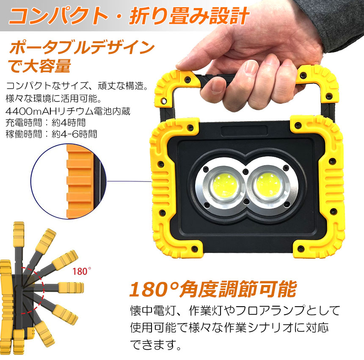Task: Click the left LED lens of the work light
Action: pos(225,186)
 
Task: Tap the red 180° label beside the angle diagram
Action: pos(82,271)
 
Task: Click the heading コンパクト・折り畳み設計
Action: pos(129,16)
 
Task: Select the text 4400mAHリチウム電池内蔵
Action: pos(68,111)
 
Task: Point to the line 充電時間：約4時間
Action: pos(46,123)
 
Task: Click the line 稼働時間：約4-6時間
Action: pos(51,134)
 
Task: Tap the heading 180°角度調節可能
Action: pos(213,289)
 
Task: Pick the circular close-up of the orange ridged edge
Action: pos(69,181)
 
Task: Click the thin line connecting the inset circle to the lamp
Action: pos(129,181)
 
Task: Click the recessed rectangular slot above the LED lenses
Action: pos(244,131)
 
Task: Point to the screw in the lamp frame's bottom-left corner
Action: pos(195,249)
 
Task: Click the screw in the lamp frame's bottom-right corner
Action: pos(301,249)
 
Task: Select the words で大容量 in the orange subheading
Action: pos(39,66)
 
